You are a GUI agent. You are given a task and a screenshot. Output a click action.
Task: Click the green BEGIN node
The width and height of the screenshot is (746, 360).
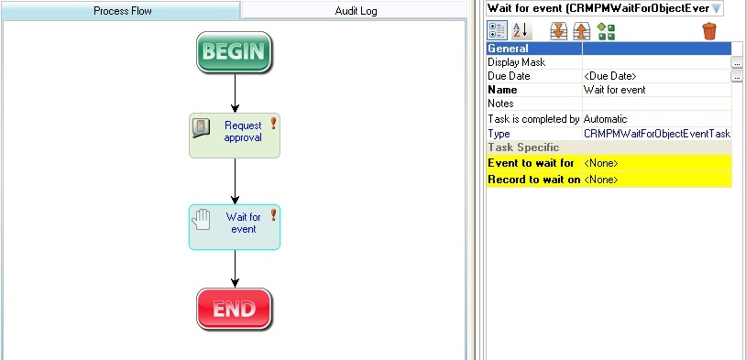(x=235, y=52)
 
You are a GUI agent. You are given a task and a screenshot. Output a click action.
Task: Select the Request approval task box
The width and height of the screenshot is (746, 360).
(x=235, y=136)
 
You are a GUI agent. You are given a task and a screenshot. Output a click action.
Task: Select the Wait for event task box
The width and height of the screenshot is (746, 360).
(x=235, y=226)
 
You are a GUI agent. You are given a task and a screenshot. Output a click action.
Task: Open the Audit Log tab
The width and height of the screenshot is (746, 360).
(x=356, y=11)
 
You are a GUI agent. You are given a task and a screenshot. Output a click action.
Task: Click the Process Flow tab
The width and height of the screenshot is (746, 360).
(x=122, y=11)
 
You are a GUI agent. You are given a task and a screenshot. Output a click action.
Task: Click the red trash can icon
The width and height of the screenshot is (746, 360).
(x=709, y=31)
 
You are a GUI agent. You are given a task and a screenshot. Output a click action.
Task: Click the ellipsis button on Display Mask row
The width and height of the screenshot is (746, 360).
(x=737, y=62)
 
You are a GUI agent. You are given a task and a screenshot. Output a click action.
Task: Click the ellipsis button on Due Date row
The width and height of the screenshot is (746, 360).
(x=737, y=77)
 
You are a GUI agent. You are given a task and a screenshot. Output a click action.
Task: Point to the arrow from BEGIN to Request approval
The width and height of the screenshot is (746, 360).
(x=236, y=93)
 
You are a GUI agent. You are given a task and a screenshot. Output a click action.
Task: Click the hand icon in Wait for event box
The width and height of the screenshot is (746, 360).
(x=202, y=218)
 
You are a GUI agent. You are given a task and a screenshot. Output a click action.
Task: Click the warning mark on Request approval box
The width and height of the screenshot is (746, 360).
(x=272, y=123)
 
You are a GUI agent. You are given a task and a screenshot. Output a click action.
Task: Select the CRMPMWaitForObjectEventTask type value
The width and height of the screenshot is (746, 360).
(x=656, y=134)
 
